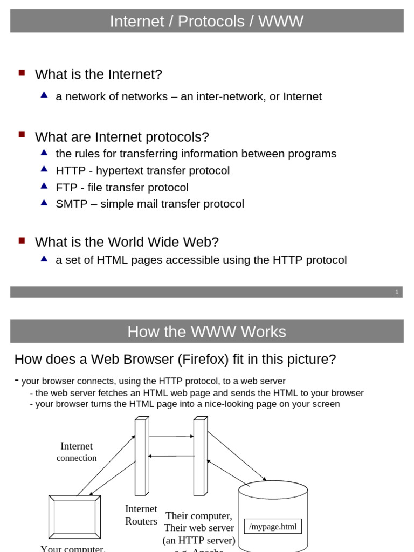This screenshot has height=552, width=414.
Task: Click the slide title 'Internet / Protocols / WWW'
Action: (206, 22)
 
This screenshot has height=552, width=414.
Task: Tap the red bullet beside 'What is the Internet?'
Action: (22, 72)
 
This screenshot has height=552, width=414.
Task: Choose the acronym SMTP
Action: (72, 204)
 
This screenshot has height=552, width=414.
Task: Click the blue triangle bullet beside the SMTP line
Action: (45, 203)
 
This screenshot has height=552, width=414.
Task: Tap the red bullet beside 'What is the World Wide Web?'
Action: (22, 240)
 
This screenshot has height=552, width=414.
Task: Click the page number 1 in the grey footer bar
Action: (397, 292)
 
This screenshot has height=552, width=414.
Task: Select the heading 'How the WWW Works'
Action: (206, 332)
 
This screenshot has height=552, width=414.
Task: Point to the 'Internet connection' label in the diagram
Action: (77, 452)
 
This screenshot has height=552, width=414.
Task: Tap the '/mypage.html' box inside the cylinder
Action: (273, 527)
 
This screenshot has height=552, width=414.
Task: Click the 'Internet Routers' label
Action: (141, 515)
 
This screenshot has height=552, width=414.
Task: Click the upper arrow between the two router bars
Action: (170, 436)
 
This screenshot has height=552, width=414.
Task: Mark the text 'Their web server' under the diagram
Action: (199, 528)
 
